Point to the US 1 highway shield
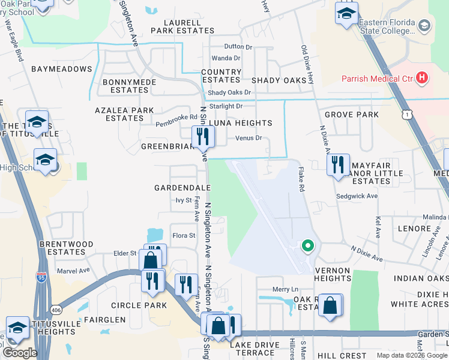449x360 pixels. [x=408, y=115]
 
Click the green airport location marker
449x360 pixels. [x=307, y=245]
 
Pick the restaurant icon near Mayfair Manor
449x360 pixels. [x=338, y=163]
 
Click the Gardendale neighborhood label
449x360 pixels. [x=182, y=188]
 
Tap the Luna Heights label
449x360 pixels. [x=240, y=123]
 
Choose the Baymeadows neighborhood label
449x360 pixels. [x=61, y=69]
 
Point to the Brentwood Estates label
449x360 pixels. [x=66, y=248]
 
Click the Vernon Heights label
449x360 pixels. [x=333, y=275]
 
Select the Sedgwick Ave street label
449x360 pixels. [x=357, y=196]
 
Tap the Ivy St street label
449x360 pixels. [x=184, y=200]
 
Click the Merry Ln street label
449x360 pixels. [x=285, y=289]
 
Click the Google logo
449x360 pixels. [x=20, y=353]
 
